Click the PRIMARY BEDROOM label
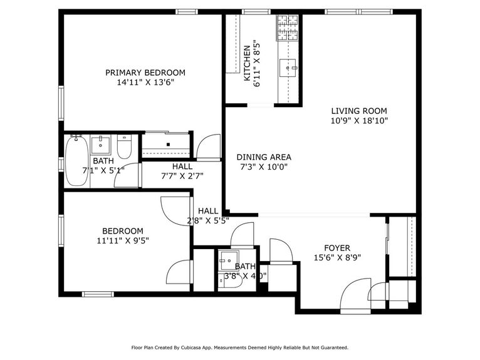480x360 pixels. [x=145, y=73]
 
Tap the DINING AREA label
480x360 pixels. [x=264, y=157]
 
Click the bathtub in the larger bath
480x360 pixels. [x=76, y=161]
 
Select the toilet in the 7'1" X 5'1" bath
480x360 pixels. [x=124, y=148]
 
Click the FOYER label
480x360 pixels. [x=337, y=248]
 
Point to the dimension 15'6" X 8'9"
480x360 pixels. [x=337, y=258]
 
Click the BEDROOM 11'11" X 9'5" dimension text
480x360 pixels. [x=123, y=240]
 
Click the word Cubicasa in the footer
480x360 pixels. [x=197, y=347]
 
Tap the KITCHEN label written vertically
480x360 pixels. [x=248, y=63]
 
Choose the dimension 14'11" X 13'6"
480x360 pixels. [x=145, y=82]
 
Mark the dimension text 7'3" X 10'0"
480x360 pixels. [x=264, y=167]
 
